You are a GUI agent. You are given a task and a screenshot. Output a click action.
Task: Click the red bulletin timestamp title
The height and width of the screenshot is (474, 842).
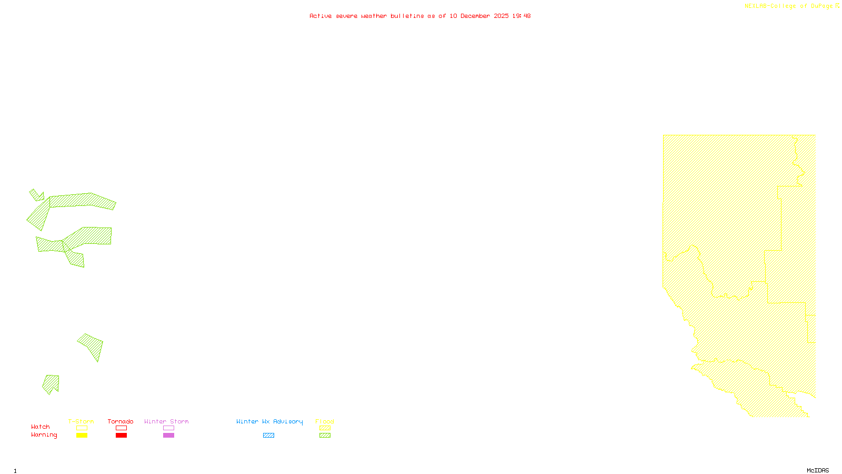[x=420, y=16]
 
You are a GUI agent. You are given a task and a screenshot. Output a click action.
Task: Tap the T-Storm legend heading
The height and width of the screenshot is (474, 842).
[x=81, y=421]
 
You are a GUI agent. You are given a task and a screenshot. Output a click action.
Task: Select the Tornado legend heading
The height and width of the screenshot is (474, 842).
[x=121, y=421]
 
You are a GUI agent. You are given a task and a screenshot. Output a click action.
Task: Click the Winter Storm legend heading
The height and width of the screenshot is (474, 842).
[x=166, y=421]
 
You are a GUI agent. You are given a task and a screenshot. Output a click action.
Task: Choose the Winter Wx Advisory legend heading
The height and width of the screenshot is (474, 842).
[x=269, y=421]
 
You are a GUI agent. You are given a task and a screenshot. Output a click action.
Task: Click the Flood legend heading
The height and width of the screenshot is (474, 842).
[x=325, y=421]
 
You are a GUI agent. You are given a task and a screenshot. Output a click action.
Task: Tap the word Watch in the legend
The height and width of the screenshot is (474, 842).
[x=41, y=427]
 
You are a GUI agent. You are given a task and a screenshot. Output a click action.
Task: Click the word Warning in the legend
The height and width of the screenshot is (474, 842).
[x=44, y=435]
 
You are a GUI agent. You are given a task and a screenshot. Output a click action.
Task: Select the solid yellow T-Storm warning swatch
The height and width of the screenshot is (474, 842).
[x=82, y=436]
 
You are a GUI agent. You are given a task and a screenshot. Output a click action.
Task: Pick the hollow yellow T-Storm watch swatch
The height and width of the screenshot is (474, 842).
[x=82, y=428]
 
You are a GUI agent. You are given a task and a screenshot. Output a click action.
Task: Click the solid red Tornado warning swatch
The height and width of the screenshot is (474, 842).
[x=121, y=436]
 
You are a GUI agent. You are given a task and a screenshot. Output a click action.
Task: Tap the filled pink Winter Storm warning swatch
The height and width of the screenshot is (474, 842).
[x=168, y=436]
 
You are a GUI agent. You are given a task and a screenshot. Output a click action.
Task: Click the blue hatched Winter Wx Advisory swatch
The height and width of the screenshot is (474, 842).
[x=268, y=436]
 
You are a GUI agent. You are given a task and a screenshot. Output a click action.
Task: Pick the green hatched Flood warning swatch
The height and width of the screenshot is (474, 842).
[x=325, y=436]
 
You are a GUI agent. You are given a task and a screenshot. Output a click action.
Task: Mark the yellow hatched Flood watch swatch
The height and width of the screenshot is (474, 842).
[x=325, y=428]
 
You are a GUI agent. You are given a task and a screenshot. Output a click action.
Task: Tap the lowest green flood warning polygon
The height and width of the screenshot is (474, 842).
[x=52, y=383]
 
